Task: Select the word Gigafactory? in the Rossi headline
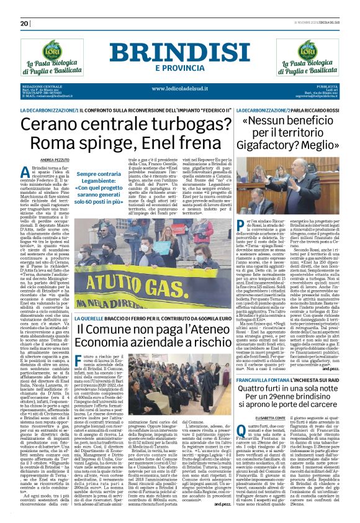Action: coord(269,145)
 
